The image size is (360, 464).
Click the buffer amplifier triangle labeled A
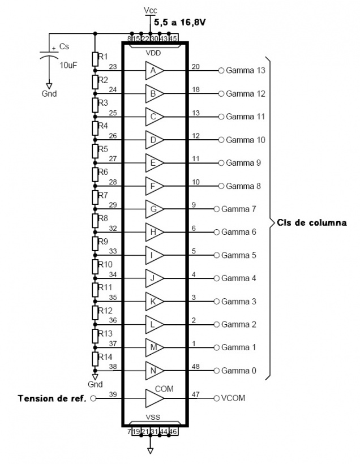pyautogui.click(x=153, y=71)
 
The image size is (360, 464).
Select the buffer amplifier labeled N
pyautogui.click(x=153, y=371)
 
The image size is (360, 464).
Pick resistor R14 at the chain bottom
pyautogui.click(x=95, y=359)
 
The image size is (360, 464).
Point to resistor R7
pyautogui.click(x=95, y=197)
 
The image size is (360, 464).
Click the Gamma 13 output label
pyautogui.click(x=245, y=71)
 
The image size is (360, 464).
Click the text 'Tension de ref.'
pyautogui.click(x=52, y=398)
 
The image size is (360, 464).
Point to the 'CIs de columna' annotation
pyautogui.click(x=312, y=222)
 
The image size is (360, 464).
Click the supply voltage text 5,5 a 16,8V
pyautogui.click(x=179, y=23)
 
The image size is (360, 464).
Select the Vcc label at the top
pyautogui.click(x=151, y=11)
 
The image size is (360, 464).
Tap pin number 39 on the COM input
pyautogui.click(x=113, y=393)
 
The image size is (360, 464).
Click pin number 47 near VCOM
pyautogui.click(x=195, y=393)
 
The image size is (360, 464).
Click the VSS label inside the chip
pyautogui.click(x=153, y=418)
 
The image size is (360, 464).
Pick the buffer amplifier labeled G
pyautogui.click(x=153, y=209)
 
